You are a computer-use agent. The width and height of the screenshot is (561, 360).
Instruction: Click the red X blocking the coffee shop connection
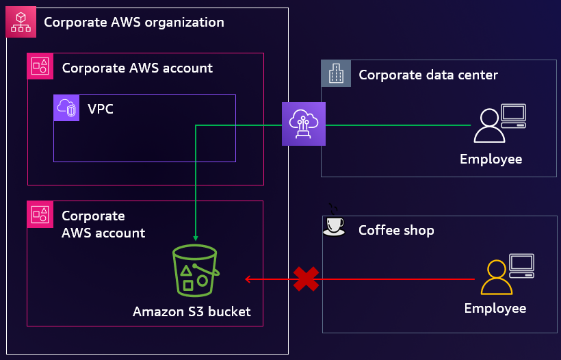(306, 279)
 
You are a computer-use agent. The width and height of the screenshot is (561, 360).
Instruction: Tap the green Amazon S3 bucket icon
(196, 271)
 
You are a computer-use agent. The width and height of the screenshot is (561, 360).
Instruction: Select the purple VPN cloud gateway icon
(304, 124)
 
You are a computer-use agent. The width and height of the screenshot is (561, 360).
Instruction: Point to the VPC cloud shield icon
(67, 108)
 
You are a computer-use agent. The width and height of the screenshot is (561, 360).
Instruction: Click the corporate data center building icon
(336, 73)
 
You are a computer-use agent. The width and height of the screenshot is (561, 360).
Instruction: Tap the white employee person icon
(488, 126)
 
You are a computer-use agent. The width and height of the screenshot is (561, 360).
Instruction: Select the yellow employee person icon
(496, 278)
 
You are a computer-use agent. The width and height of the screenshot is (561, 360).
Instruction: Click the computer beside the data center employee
(513, 116)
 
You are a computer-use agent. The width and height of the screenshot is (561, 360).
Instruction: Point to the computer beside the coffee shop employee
(522, 266)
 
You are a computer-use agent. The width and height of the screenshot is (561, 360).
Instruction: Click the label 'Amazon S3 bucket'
(192, 312)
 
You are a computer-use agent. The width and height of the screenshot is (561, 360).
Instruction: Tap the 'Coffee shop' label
(396, 230)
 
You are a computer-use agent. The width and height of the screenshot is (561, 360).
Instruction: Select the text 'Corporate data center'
(428, 75)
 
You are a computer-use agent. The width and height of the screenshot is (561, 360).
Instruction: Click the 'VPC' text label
(101, 108)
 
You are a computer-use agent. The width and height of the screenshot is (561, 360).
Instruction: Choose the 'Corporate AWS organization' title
(134, 22)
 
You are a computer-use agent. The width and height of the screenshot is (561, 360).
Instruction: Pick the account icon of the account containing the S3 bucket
(40, 214)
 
